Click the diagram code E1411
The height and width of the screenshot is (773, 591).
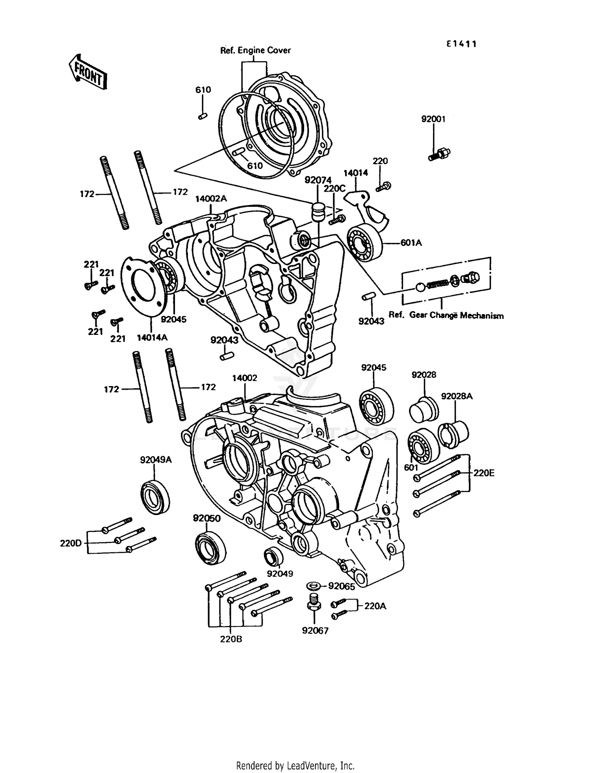tap(461, 44)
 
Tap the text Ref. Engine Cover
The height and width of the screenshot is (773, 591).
tap(255, 50)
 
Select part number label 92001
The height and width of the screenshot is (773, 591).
tap(433, 119)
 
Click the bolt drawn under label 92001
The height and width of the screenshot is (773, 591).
tap(439, 154)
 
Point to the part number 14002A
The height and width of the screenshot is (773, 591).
tap(211, 199)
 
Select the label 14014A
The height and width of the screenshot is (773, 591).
tap(152, 337)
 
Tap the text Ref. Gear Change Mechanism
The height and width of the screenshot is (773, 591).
tap(446, 315)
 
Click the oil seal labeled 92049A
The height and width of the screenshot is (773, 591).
tap(156, 497)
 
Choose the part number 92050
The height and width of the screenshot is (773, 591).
tap(206, 518)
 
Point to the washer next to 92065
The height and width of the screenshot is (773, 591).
tap(314, 586)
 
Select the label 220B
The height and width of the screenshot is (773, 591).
tap(231, 639)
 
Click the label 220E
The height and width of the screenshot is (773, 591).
tap(483, 473)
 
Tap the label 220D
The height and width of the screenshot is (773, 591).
tap(71, 543)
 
